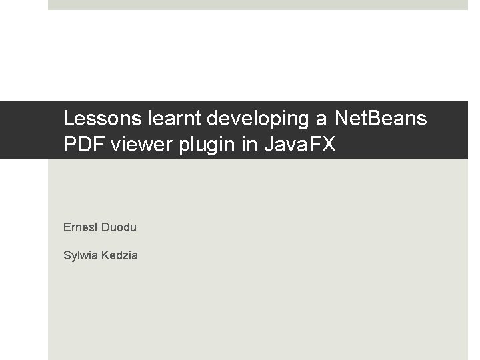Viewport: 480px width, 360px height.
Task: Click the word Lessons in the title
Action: tap(103, 118)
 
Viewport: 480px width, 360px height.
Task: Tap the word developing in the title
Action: tap(258, 120)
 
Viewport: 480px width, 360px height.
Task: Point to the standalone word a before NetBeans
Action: tap(321, 120)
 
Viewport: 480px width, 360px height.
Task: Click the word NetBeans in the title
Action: tap(381, 118)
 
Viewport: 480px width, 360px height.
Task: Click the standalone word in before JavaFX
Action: tap(249, 144)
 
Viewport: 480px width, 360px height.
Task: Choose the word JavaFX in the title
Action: tap(300, 144)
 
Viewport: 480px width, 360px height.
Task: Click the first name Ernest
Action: tap(81, 227)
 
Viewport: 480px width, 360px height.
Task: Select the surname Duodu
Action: tap(119, 227)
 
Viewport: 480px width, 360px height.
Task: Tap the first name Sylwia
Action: tap(81, 256)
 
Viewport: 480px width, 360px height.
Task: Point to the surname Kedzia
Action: tap(119, 255)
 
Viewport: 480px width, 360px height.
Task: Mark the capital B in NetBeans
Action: tap(372, 118)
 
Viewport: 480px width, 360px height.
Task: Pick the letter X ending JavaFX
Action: tap(329, 144)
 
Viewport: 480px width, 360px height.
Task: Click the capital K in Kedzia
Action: tap(105, 255)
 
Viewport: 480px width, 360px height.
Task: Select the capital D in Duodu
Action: tap(105, 227)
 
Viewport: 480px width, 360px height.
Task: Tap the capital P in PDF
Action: tap(69, 144)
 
